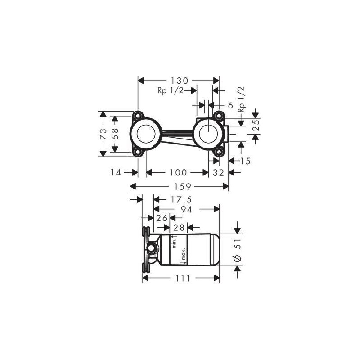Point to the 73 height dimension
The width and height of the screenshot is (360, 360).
click(103, 134)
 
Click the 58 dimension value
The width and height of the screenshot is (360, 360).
click(115, 134)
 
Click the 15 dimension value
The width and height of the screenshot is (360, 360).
click(245, 161)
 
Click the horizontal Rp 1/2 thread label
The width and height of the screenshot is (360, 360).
click(171, 90)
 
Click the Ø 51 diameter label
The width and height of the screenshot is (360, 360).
click(238, 250)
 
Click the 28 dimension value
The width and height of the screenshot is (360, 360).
click(179, 227)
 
